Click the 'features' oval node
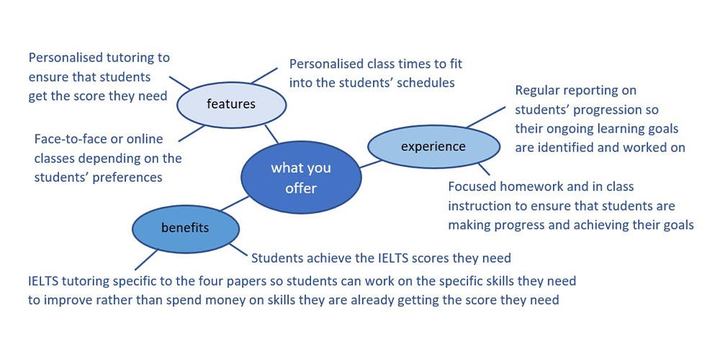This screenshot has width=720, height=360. tap(231, 104)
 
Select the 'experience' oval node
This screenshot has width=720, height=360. tap(433, 146)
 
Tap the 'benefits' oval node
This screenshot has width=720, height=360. tap(186, 228)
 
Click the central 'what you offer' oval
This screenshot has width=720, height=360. tap(301, 177)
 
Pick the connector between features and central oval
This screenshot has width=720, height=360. tap(271, 134)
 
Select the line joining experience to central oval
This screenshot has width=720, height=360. tap(371, 164)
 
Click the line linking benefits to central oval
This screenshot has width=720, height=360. tap(234, 204)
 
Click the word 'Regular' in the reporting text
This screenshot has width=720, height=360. tap(536, 91)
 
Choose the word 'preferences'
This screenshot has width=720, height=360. tap(128, 178)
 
